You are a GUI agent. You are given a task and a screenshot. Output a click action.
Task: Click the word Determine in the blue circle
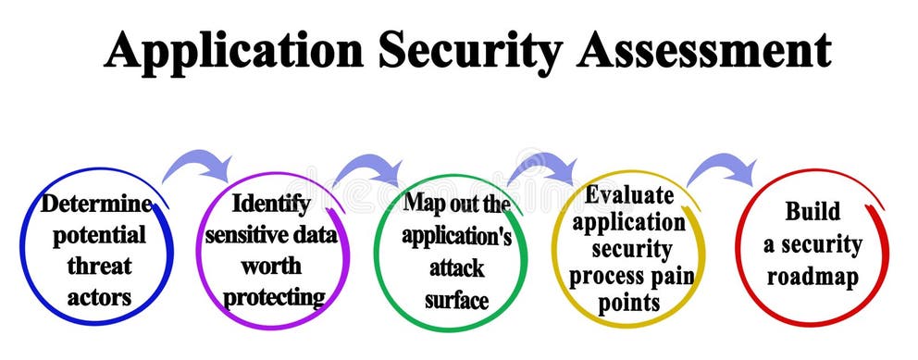pos(96,203)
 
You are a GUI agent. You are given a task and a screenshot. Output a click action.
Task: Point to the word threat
pos(99,267)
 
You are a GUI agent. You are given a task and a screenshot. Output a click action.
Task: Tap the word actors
pos(98,298)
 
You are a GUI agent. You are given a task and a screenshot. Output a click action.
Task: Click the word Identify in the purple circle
pos(271,203)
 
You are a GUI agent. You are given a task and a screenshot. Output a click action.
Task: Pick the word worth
pos(271,266)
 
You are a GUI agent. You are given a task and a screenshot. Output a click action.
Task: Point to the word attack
pos(456,267)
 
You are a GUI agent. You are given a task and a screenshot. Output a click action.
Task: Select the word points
pos(627,303)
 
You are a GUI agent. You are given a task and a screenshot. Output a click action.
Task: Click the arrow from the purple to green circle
pos(369,168)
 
